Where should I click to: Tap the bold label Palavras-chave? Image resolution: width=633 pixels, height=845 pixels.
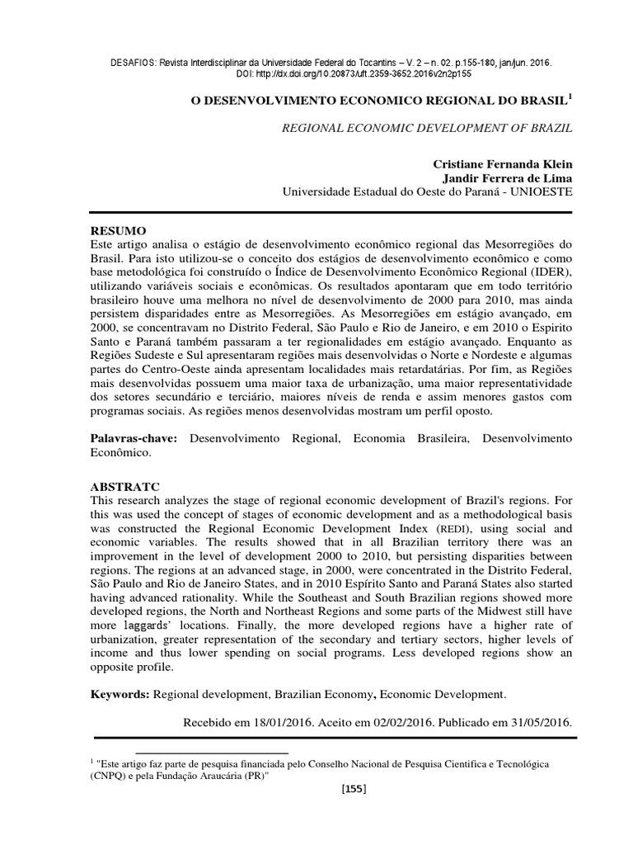tap(134, 439)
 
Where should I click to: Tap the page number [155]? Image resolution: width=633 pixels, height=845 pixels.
tap(354, 789)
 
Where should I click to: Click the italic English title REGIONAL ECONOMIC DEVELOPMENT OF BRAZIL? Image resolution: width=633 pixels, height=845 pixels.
tap(427, 129)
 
